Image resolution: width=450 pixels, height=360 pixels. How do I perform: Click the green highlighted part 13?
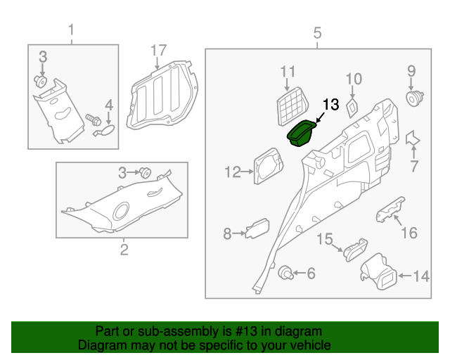(303, 133)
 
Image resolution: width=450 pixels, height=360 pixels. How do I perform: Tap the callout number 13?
(330, 105)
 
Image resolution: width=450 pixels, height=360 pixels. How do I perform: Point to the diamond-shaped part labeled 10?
(353, 105)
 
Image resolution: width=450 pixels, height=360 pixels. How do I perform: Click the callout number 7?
(413, 167)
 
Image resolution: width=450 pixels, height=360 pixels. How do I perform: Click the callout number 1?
(71, 30)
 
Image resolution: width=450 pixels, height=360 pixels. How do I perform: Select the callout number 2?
(124, 250)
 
